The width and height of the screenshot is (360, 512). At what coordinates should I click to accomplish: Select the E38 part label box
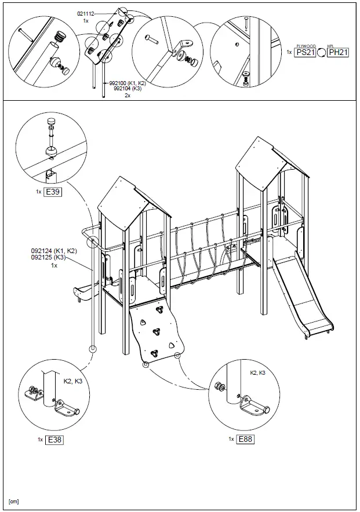(54, 440)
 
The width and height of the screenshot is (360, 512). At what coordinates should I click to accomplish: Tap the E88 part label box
(245, 439)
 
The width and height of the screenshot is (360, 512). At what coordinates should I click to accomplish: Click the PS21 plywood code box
(305, 52)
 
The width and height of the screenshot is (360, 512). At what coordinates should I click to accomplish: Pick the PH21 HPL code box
(338, 52)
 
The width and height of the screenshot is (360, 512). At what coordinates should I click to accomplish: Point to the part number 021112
(86, 13)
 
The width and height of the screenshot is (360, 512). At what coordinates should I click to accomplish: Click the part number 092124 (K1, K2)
(54, 251)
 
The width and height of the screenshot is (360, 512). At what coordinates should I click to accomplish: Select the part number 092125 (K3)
(49, 258)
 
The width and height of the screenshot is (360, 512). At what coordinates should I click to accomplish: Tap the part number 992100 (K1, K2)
(128, 84)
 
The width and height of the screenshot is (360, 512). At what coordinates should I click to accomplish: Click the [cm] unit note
(14, 501)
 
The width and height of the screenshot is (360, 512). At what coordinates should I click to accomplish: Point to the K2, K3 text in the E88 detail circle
(257, 373)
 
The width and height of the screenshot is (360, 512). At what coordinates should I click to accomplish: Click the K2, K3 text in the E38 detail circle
(72, 382)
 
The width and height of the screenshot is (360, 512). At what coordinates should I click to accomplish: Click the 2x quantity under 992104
(128, 96)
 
